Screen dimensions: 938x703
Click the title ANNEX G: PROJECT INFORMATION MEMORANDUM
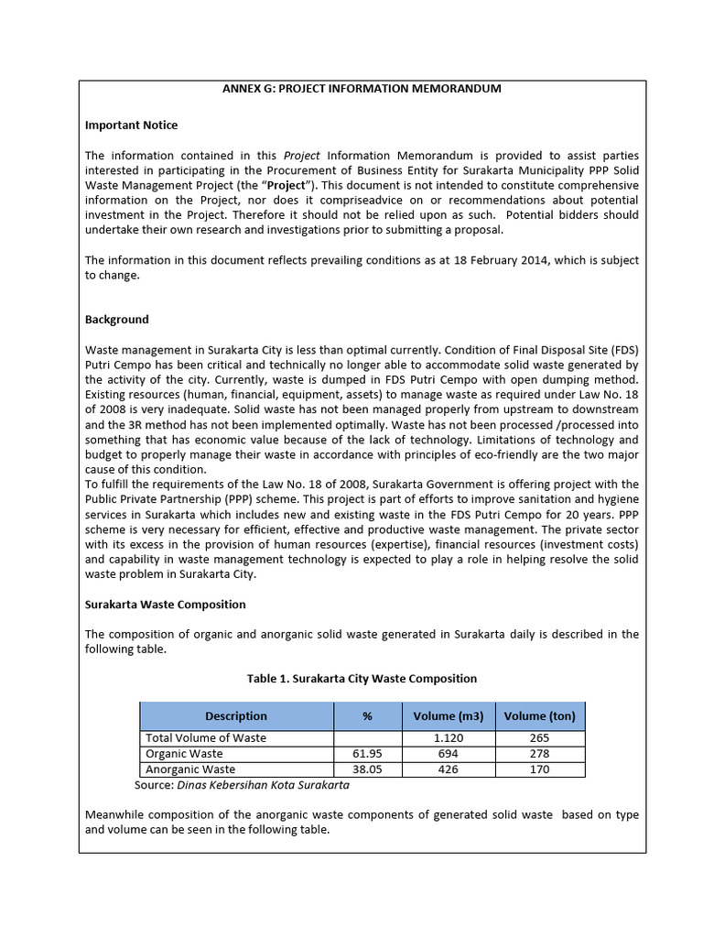click(362, 89)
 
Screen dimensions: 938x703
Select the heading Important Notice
click(131, 125)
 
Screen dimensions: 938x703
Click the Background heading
click(116, 320)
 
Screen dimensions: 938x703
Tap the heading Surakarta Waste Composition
click(165, 605)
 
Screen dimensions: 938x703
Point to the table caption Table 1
click(362, 679)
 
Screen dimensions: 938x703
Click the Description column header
click(236, 716)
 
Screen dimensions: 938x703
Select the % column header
click(367, 716)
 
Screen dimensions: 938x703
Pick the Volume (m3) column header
click(449, 716)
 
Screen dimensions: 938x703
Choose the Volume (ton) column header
click(539, 716)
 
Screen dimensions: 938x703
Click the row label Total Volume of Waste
click(206, 737)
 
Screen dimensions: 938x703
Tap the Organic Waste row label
click(184, 754)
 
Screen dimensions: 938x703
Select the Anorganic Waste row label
click(190, 769)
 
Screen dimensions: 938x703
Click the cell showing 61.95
click(367, 754)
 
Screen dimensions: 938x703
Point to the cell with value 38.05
click(367, 769)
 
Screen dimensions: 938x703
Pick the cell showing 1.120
click(449, 737)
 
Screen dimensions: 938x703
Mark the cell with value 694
click(449, 754)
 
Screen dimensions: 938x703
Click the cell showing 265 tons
click(539, 737)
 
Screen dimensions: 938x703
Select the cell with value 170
click(539, 769)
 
